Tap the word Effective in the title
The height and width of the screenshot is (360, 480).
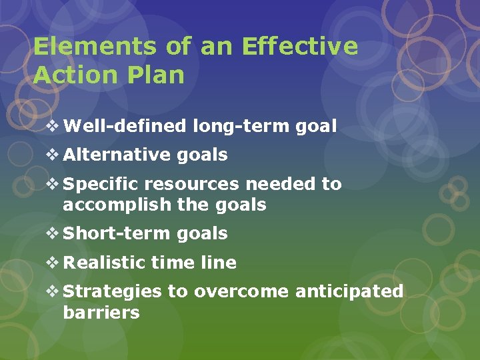pyautogui.click(x=300, y=47)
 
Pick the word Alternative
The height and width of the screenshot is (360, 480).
pyautogui.click(x=119, y=155)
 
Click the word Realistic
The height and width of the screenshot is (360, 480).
pyautogui.click(x=104, y=263)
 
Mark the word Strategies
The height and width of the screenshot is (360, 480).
pyautogui.click(x=112, y=292)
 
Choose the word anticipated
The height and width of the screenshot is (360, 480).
pyautogui.click(x=349, y=292)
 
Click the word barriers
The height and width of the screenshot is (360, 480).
pyautogui.click(x=101, y=313)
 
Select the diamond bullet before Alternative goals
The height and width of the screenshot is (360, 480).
pyautogui.click(x=53, y=155)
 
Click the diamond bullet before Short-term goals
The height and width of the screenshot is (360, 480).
pyautogui.click(x=53, y=234)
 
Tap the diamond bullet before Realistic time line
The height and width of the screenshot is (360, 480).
pyautogui.click(x=53, y=263)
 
